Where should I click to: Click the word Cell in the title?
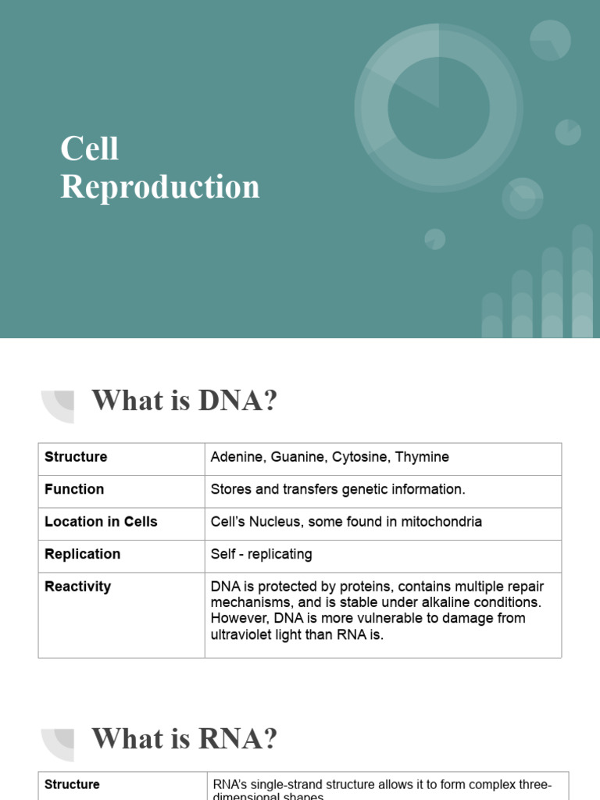click(90, 149)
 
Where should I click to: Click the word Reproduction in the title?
click(160, 187)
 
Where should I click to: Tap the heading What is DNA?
click(184, 402)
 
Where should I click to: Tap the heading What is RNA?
click(184, 738)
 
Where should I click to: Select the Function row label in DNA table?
click(74, 489)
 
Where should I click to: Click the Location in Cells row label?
click(101, 522)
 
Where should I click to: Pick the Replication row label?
click(82, 554)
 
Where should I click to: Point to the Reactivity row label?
click(77, 587)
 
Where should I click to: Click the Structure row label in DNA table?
click(76, 457)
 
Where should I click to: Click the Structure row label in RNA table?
click(72, 784)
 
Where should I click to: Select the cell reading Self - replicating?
click(261, 554)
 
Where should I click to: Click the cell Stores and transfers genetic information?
click(337, 489)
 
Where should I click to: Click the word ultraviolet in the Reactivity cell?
click(245, 634)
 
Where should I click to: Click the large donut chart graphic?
click(438, 108)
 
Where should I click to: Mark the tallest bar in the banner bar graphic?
click(582, 281)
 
